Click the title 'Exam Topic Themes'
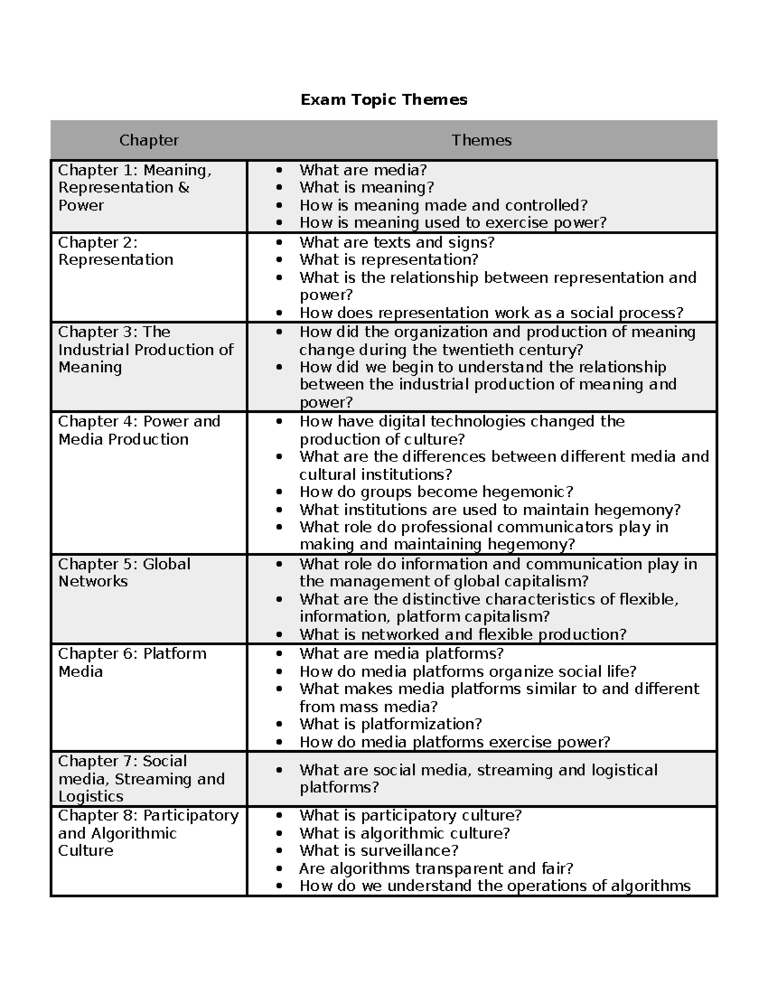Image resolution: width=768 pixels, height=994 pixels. (384, 100)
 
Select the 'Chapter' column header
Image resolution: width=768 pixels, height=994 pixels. (148, 140)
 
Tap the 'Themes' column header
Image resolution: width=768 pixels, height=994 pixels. (481, 140)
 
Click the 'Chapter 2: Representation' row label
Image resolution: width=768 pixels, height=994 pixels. (115, 251)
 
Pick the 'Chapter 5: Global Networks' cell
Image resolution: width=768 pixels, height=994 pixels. (124, 573)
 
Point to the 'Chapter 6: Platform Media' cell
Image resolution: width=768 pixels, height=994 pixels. (132, 662)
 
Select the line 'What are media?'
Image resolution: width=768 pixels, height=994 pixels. (363, 170)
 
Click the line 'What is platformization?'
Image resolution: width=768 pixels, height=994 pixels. (390, 724)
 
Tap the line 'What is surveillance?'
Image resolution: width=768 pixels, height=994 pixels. (379, 851)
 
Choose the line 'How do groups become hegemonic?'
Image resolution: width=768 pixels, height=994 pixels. (436, 492)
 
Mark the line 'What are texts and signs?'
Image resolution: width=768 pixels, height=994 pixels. (397, 242)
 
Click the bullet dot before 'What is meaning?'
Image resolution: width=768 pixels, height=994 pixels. (278, 188)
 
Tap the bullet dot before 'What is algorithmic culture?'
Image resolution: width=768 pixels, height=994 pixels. (278, 833)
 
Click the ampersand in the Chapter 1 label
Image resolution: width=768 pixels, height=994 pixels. (184, 188)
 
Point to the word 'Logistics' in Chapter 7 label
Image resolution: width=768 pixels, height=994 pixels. (90, 796)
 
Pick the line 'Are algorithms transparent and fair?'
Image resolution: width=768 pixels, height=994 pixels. (436, 869)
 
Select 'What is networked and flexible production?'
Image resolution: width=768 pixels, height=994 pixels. (463, 634)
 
